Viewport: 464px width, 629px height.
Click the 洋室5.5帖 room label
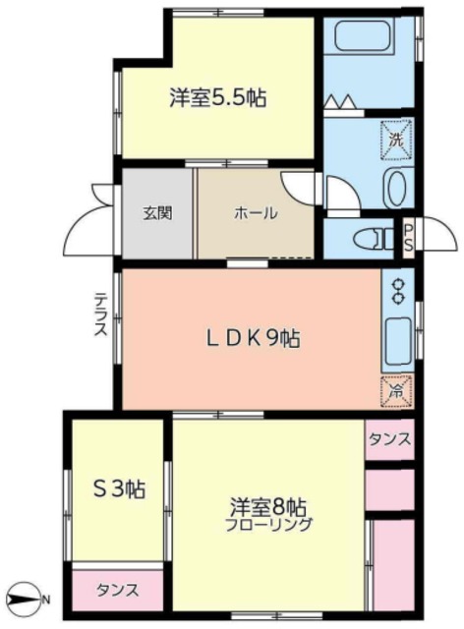217,97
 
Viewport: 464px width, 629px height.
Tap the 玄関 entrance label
157,212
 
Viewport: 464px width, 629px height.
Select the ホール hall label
256,212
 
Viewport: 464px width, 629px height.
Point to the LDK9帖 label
253,339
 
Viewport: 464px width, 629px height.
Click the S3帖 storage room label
119,489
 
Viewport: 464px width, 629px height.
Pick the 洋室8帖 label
268,508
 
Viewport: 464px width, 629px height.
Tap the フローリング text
268,525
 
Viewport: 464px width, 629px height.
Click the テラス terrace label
100,314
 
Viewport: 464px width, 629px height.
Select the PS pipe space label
408,237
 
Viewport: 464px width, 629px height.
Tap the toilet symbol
374,239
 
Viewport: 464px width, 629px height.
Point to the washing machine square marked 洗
396,140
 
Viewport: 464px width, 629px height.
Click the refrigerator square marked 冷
396,392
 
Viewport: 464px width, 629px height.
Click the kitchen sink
398,338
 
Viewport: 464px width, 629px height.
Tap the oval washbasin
396,189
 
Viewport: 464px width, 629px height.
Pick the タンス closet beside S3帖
118,590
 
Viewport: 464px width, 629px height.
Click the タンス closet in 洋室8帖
389,439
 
